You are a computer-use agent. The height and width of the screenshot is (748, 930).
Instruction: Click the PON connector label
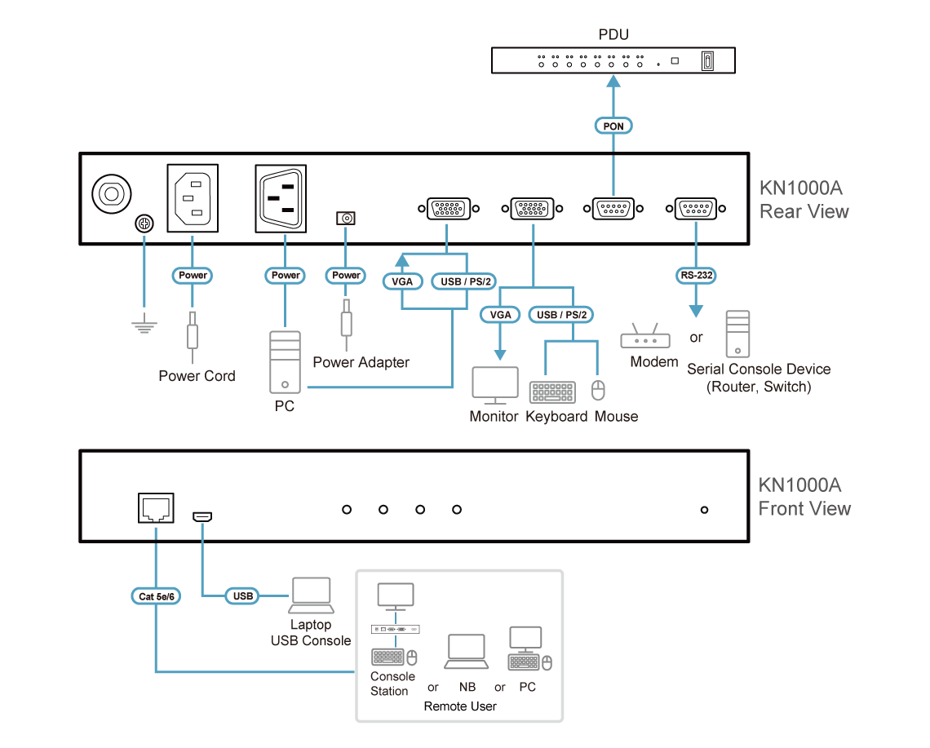(x=613, y=126)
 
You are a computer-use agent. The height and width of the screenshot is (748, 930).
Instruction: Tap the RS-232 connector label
(x=696, y=276)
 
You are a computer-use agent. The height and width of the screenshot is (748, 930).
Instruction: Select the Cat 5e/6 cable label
(x=157, y=596)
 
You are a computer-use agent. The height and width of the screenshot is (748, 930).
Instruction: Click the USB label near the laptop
(x=242, y=596)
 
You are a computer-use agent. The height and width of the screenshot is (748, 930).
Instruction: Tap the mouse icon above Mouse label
(x=599, y=391)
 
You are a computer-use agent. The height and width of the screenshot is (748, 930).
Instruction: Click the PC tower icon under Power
(x=285, y=362)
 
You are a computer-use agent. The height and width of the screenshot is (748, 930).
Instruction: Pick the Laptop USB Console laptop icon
(x=310, y=596)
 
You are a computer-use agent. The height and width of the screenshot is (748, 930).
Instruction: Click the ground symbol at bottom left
(x=144, y=326)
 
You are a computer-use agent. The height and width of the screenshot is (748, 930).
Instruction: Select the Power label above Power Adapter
(x=347, y=276)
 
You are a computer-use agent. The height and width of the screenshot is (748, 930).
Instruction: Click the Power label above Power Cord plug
(x=193, y=276)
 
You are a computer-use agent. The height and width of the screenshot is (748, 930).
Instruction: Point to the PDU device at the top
(x=613, y=60)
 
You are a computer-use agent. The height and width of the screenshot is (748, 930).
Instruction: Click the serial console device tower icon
(x=737, y=334)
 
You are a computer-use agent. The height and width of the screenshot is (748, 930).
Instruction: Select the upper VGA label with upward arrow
(x=401, y=282)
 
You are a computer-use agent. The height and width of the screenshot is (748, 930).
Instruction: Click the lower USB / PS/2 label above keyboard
(x=561, y=314)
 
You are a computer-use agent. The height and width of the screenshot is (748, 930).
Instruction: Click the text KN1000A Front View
(x=803, y=497)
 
